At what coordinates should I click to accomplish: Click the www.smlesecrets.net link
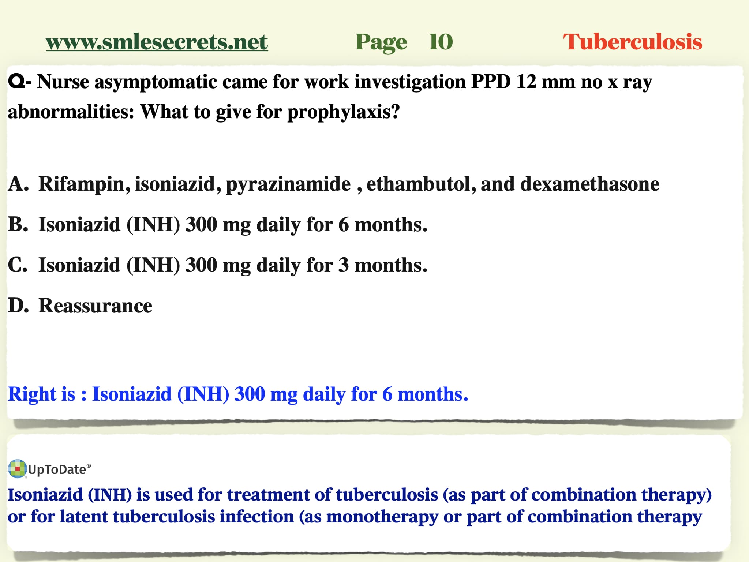pos(157,42)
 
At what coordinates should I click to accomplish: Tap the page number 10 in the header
pos(441,42)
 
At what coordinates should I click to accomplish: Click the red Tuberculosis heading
pos(633,42)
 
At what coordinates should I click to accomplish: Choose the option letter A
pos(18,184)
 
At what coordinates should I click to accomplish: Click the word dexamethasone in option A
pos(590,184)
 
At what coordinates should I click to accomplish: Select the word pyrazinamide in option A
pos(288,184)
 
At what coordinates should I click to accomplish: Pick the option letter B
pos(18,224)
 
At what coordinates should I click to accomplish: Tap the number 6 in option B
pos(344,224)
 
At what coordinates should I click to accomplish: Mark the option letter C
pos(18,265)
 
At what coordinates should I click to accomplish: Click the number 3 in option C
pos(344,265)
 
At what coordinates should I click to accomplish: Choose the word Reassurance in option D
pos(96,306)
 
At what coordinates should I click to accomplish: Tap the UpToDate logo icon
pos(17,469)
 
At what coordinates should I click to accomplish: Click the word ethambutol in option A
pos(422,184)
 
